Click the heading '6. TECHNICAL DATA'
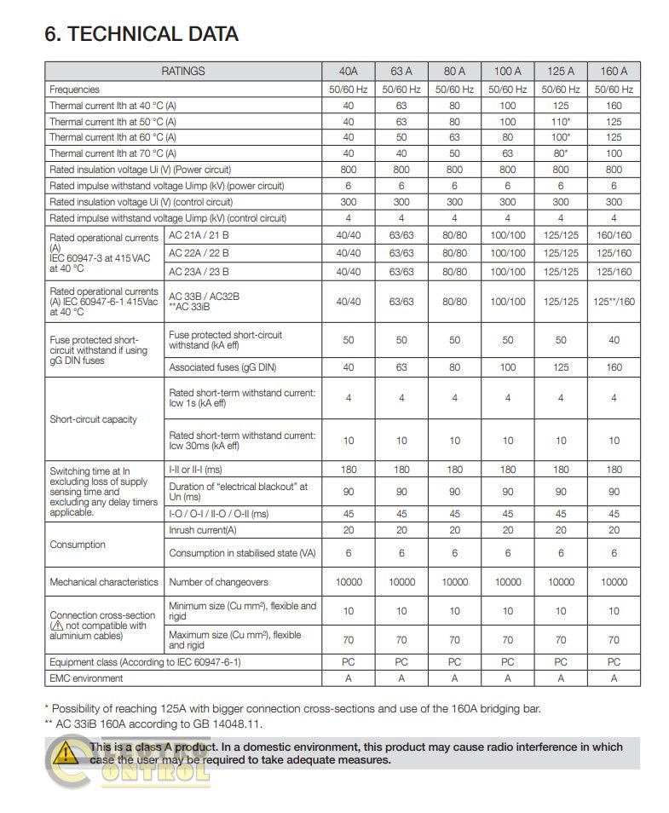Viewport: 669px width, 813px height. (x=141, y=34)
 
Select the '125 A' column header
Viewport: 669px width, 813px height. (x=560, y=72)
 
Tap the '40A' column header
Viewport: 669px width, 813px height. (x=348, y=72)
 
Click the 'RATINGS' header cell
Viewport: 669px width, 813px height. (x=183, y=72)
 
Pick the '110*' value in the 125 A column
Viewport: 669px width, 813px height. (x=560, y=121)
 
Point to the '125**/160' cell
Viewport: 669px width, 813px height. (x=613, y=302)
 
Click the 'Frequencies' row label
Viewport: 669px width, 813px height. (x=75, y=89)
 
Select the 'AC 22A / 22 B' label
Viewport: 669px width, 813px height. (x=199, y=253)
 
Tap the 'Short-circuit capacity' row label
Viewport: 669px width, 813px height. (x=93, y=419)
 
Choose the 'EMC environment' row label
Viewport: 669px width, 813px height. (x=86, y=678)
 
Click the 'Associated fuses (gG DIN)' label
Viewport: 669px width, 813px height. (x=222, y=368)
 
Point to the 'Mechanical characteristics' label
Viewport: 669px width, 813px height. (x=104, y=582)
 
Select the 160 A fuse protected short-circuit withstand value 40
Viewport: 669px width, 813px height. (x=613, y=340)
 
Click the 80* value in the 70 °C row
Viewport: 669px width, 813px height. (x=560, y=153)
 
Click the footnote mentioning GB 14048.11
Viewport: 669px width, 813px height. (x=153, y=724)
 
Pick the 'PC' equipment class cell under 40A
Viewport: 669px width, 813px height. (x=348, y=661)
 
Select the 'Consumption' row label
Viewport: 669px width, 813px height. (x=78, y=545)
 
